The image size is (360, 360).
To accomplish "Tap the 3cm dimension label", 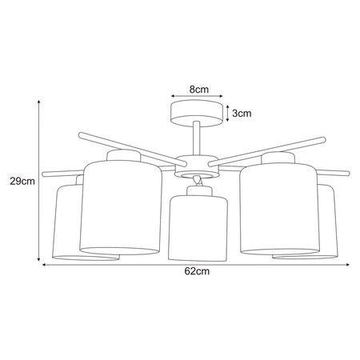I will click(242, 114).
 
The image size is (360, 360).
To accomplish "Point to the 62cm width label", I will click(196, 272).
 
